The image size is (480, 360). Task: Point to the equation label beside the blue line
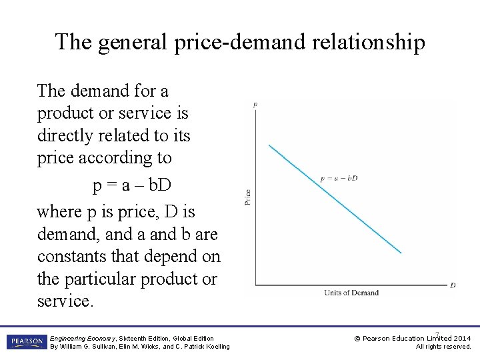click(339, 178)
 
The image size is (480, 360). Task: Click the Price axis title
click(247, 197)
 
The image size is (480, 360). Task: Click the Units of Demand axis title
click(351, 293)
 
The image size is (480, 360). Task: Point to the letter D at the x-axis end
click(453, 285)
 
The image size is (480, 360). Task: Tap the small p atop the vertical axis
click(255, 105)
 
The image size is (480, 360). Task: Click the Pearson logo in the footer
click(25, 342)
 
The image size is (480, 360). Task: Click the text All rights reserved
click(443, 347)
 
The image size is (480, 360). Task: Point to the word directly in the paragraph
click(65, 136)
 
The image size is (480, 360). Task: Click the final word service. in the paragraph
click(66, 301)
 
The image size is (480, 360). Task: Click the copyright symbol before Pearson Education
click(357, 338)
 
